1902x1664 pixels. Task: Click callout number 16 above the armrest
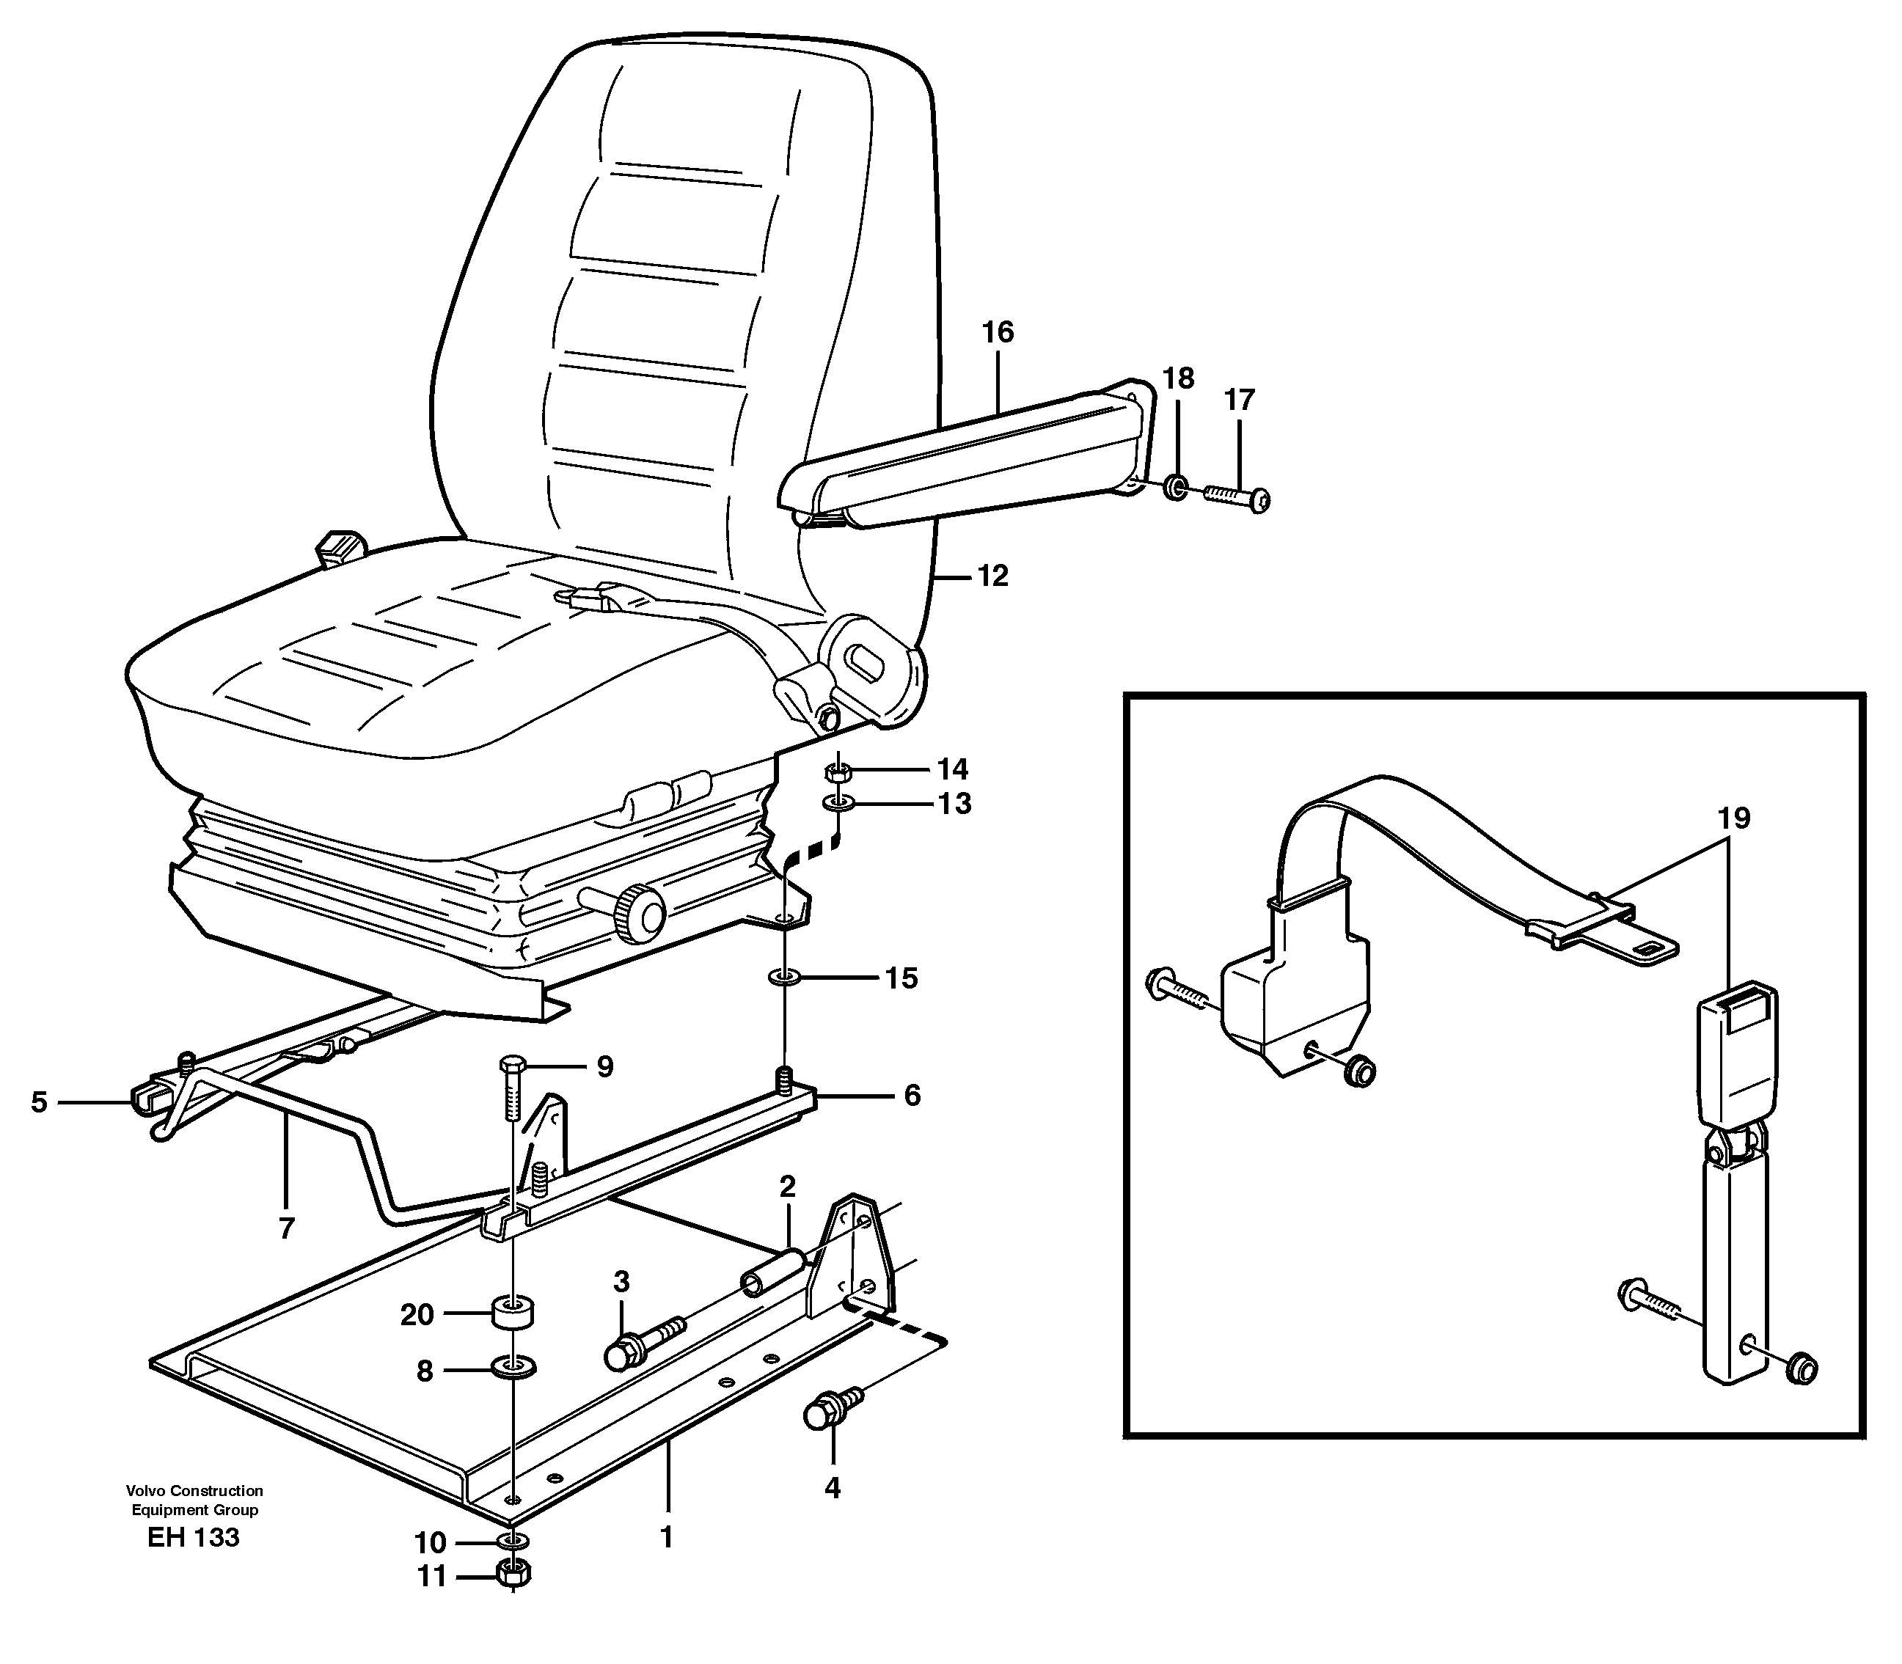998,332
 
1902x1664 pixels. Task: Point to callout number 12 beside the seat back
992,576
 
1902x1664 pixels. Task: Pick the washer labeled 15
786,978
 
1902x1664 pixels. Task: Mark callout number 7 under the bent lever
286,1228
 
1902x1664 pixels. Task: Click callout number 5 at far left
39,1102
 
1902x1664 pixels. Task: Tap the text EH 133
193,1538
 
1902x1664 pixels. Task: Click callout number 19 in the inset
1733,819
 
